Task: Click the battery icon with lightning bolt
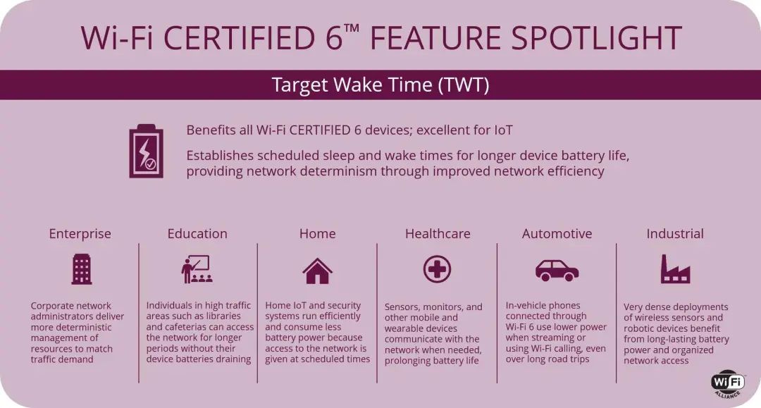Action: [x=146, y=151]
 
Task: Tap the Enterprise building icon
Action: [x=81, y=269]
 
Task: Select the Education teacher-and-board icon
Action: [x=197, y=269]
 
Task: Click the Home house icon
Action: [x=317, y=270]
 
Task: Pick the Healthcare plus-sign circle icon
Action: [x=437, y=269]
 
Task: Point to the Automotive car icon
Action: [x=557, y=269]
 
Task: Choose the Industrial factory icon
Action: [x=674, y=269]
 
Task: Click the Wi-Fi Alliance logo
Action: [x=727, y=383]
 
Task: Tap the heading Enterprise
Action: [x=80, y=234]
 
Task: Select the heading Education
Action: [x=197, y=234]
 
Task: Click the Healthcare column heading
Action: [x=438, y=234]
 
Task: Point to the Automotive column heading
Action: [x=557, y=234]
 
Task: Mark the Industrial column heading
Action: [x=675, y=234]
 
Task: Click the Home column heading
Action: [x=317, y=234]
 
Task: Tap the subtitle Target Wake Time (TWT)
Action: [x=380, y=85]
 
